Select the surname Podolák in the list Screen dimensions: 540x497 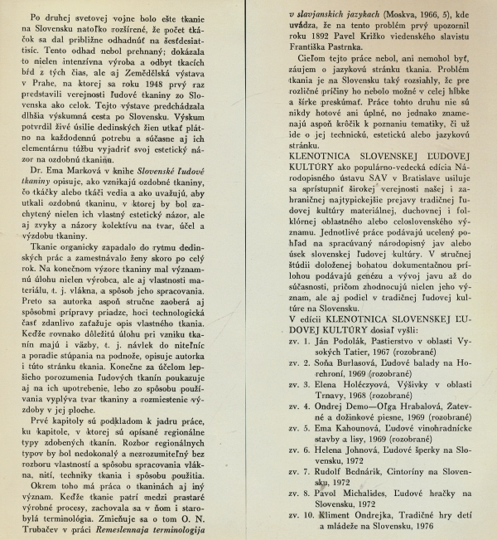click(x=355, y=343)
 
